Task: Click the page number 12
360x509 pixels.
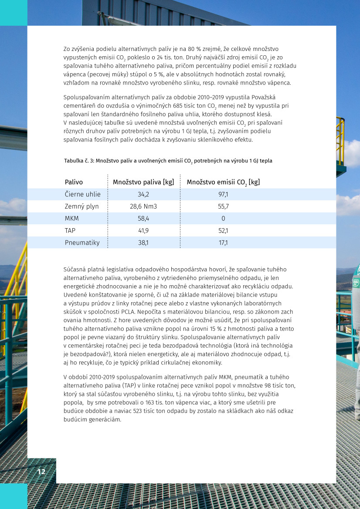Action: (41, 472)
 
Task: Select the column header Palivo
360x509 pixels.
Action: (74, 182)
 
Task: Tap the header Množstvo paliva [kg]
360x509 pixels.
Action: (143, 182)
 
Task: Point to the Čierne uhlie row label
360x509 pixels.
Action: (83, 194)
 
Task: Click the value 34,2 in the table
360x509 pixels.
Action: (143, 194)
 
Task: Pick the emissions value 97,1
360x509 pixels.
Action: (223, 194)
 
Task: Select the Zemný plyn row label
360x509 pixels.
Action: (82, 206)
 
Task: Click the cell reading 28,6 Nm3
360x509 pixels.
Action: (143, 206)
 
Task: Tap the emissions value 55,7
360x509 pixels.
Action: (223, 206)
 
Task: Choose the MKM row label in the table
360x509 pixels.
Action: (72, 219)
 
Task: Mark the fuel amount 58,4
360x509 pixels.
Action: (143, 219)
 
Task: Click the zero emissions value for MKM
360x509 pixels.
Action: (223, 219)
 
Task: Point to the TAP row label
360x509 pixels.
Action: (71, 231)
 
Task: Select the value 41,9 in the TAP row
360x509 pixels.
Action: (143, 231)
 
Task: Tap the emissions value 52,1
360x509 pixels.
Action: (223, 231)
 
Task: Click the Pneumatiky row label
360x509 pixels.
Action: (82, 243)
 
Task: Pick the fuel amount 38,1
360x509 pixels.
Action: (143, 243)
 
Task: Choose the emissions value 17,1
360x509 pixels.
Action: (223, 243)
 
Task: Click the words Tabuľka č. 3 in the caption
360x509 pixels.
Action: (79, 161)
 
